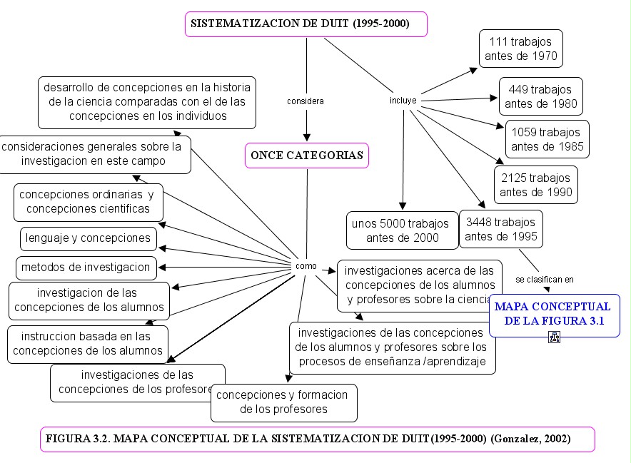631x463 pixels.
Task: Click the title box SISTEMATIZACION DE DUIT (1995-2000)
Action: click(x=306, y=24)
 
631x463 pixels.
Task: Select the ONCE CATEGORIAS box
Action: click(x=307, y=155)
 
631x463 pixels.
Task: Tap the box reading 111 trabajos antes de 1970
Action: click(x=520, y=49)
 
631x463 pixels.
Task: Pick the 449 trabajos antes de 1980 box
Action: click(x=540, y=97)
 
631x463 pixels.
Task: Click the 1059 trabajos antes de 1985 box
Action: click(x=547, y=140)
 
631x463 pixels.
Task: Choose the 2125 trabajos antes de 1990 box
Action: click(x=535, y=185)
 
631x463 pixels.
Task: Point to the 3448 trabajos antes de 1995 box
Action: click(x=500, y=229)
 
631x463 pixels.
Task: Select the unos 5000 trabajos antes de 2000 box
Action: click(x=402, y=230)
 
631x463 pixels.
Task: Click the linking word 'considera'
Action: click(x=306, y=101)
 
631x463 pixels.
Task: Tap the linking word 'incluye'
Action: click(x=403, y=101)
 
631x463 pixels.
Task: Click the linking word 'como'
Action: click(x=306, y=266)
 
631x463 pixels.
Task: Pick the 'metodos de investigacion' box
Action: click(x=86, y=268)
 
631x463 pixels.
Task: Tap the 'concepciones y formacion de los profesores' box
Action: click(x=283, y=402)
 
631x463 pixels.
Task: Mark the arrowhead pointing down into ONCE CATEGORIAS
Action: click(x=307, y=137)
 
